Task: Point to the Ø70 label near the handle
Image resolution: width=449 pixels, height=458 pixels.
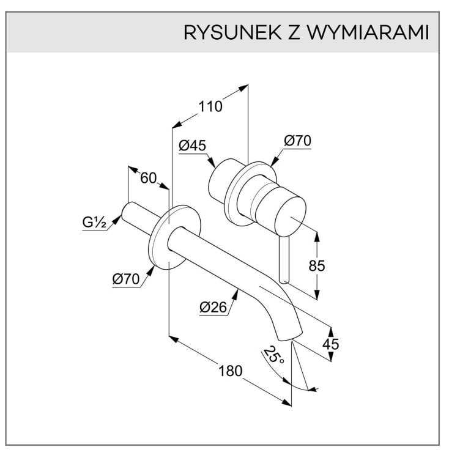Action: tap(297, 141)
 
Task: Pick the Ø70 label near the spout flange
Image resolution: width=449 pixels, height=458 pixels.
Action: tap(125, 279)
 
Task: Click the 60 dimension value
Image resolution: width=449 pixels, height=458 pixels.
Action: tap(149, 178)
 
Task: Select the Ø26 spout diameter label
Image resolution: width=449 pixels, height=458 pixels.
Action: tap(213, 309)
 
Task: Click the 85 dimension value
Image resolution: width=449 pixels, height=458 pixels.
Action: tap(317, 265)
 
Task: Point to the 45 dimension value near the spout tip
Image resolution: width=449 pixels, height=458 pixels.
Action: tap(330, 344)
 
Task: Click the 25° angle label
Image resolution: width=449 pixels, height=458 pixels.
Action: tap(273, 355)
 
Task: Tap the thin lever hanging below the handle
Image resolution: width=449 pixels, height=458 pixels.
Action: tap(283, 259)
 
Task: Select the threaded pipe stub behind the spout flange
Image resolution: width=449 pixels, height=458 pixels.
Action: tap(138, 220)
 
